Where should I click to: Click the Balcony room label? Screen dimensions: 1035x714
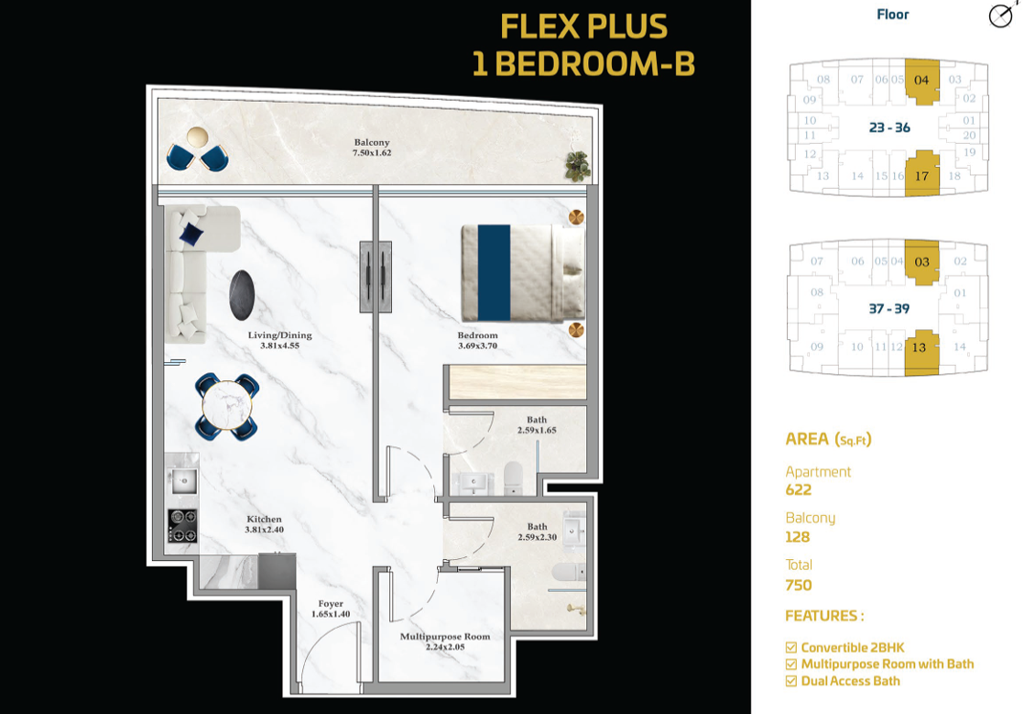pyautogui.click(x=372, y=142)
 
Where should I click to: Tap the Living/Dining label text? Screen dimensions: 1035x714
pyautogui.click(x=280, y=335)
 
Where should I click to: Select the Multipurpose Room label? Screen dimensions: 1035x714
pyautogui.click(x=445, y=636)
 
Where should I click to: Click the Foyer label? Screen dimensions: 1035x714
pyautogui.click(x=331, y=603)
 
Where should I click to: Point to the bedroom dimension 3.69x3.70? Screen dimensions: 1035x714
pyautogui.click(x=477, y=346)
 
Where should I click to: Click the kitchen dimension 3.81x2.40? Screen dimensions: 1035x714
pyautogui.click(x=264, y=529)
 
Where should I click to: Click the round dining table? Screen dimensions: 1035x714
pyautogui.click(x=227, y=405)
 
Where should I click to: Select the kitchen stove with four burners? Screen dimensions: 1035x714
pyautogui.click(x=182, y=526)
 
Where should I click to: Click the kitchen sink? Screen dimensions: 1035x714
pyautogui.click(x=183, y=481)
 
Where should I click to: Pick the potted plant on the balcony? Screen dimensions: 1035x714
pyautogui.click(x=577, y=165)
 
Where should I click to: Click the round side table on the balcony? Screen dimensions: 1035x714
pyautogui.click(x=197, y=137)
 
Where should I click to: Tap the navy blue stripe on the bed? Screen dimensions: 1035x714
pyautogui.click(x=494, y=273)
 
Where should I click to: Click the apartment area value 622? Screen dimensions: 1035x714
pyautogui.click(x=799, y=489)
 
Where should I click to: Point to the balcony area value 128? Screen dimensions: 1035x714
pyautogui.click(x=798, y=536)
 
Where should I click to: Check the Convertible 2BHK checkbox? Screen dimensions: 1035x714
pyautogui.click(x=790, y=647)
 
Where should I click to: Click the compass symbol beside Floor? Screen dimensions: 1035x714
pyautogui.click(x=1001, y=16)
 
